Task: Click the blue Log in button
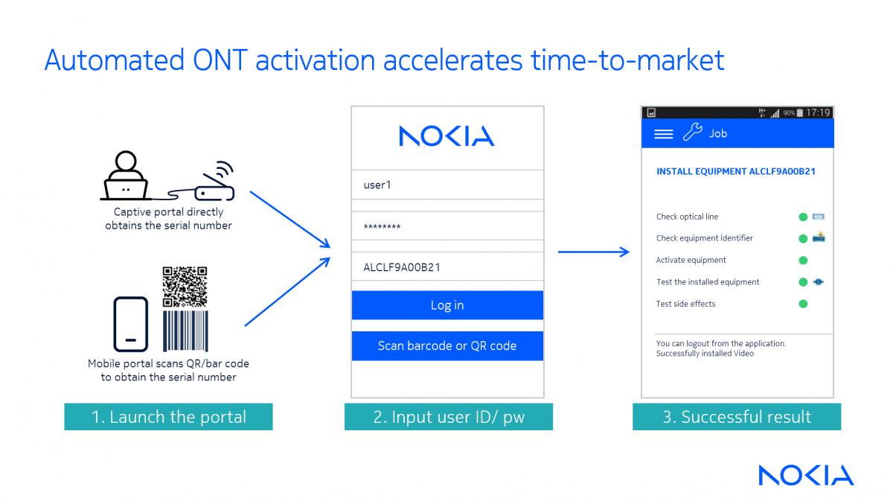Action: [x=447, y=305]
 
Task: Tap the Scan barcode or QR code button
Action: [x=447, y=345]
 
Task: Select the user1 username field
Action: [x=447, y=185]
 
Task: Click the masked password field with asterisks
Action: [x=447, y=226]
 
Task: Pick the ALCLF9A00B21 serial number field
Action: [x=447, y=267]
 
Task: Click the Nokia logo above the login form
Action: [x=447, y=136]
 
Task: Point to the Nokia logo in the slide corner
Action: [x=806, y=475]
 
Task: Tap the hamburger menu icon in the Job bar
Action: [x=663, y=134]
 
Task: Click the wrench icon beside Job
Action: [x=693, y=132]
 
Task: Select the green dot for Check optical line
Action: [x=803, y=217]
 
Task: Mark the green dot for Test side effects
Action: [x=803, y=304]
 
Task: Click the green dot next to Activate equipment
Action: [x=803, y=261]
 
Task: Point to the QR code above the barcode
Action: [x=185, y=287]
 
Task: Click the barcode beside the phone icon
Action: [x=185, y=331]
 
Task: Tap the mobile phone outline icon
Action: [x=131, y=324]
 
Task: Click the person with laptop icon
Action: [x=126, y=176]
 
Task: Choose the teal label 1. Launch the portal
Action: [x=168, y=417]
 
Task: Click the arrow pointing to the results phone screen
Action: [x=594, y=252]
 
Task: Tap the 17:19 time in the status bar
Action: [x=818, y=113]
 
